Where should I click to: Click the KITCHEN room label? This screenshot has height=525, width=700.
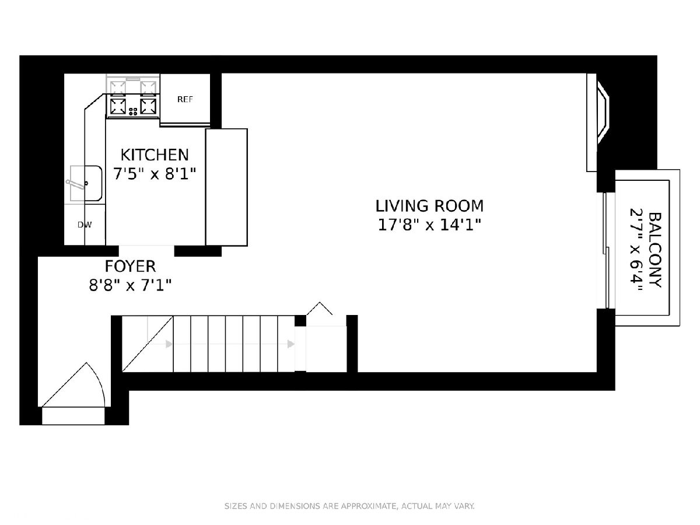(155, 155)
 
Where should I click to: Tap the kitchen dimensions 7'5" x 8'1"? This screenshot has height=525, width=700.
(155, 174)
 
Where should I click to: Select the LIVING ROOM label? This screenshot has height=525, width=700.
(429, 206)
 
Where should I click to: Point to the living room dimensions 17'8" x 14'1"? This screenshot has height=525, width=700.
(429, 225)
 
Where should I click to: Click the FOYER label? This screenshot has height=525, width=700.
(130, 266)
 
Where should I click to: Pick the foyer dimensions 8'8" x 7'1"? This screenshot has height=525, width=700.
(130, 285)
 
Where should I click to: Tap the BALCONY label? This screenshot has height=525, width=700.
(655, 250)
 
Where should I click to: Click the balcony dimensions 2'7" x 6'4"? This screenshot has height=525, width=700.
(636, 250)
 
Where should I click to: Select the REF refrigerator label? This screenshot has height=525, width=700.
(185, 99)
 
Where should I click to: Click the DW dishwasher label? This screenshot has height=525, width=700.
(85, 225)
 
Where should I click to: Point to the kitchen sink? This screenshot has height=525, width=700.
(86, 183)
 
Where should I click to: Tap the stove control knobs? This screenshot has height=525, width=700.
(133, 111)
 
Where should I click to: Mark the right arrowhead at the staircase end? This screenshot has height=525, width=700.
(291, 344)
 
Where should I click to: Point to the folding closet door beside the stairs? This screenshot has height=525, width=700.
(319, 308)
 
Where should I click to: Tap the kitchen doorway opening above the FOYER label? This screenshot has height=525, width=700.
(146, 251)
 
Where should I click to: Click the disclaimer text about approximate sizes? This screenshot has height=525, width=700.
(349, 506)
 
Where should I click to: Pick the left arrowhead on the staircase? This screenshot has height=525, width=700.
(169, 344)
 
